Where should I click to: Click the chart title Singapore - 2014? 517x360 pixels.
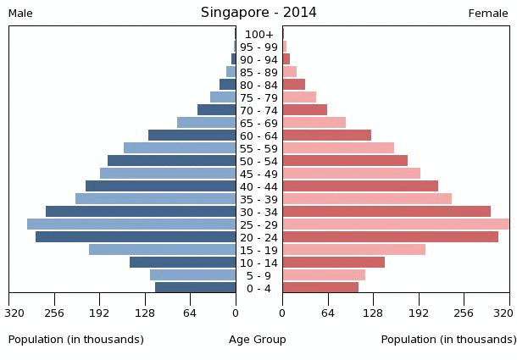click(x=258, y=13)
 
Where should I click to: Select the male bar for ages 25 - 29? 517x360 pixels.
click(x=131, y=224)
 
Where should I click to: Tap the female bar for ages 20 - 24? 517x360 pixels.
click(x=390, y=237)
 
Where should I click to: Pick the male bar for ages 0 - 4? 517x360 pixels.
click(x=195, y=288)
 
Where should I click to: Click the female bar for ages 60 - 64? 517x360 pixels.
click(x=326, y=136)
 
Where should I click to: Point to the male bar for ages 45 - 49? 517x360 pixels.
click(x=168, y=174)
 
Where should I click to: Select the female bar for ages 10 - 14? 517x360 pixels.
click(x=333, y=263)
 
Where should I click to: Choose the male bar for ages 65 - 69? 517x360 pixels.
click(x=206, y=123)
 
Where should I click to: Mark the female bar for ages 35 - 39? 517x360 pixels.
click(x=367, y=199)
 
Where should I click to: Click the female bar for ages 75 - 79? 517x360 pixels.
click(x=299, y=97)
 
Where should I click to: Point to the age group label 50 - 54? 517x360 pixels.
click(x=258, y=161)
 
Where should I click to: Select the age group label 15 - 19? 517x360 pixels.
click(x=258, y=250)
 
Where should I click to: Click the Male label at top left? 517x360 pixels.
click(x=20, y=14)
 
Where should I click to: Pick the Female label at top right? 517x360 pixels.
click(x=488, y=14)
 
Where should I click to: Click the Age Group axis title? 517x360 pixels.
click(x=258, y=340)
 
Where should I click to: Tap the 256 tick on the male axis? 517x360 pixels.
click(x=54, y=313)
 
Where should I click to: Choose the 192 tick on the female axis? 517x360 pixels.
click(x=419, y=313)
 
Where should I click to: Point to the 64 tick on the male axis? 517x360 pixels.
click(x=190, y=313)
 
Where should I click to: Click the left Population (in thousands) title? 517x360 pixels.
click(x=76, y=340)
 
